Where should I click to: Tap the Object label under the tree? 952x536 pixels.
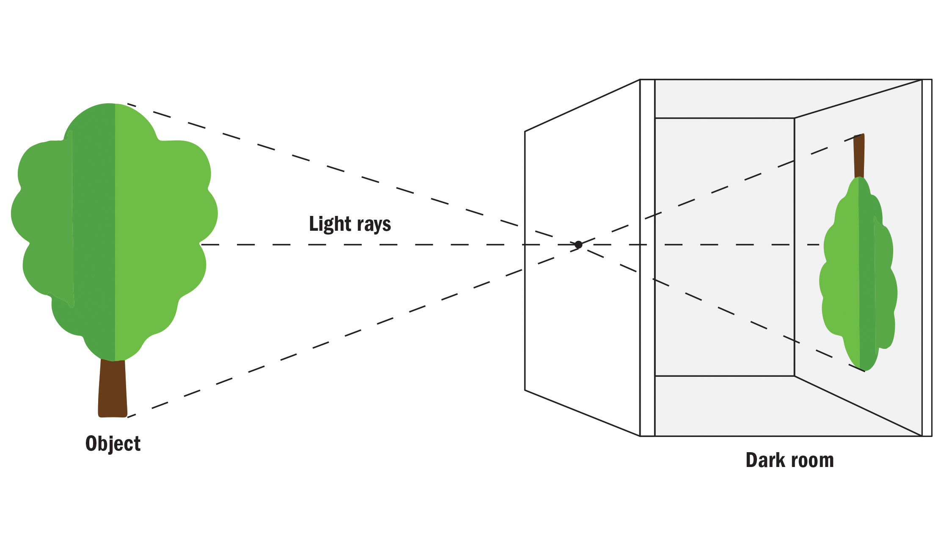click(x=113, y=444)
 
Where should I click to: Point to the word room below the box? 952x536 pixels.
click(x=813, y=461)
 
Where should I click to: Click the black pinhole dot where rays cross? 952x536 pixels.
click(x=578, y=245)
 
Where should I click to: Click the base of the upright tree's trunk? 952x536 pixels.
click(x=113, y=416)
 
